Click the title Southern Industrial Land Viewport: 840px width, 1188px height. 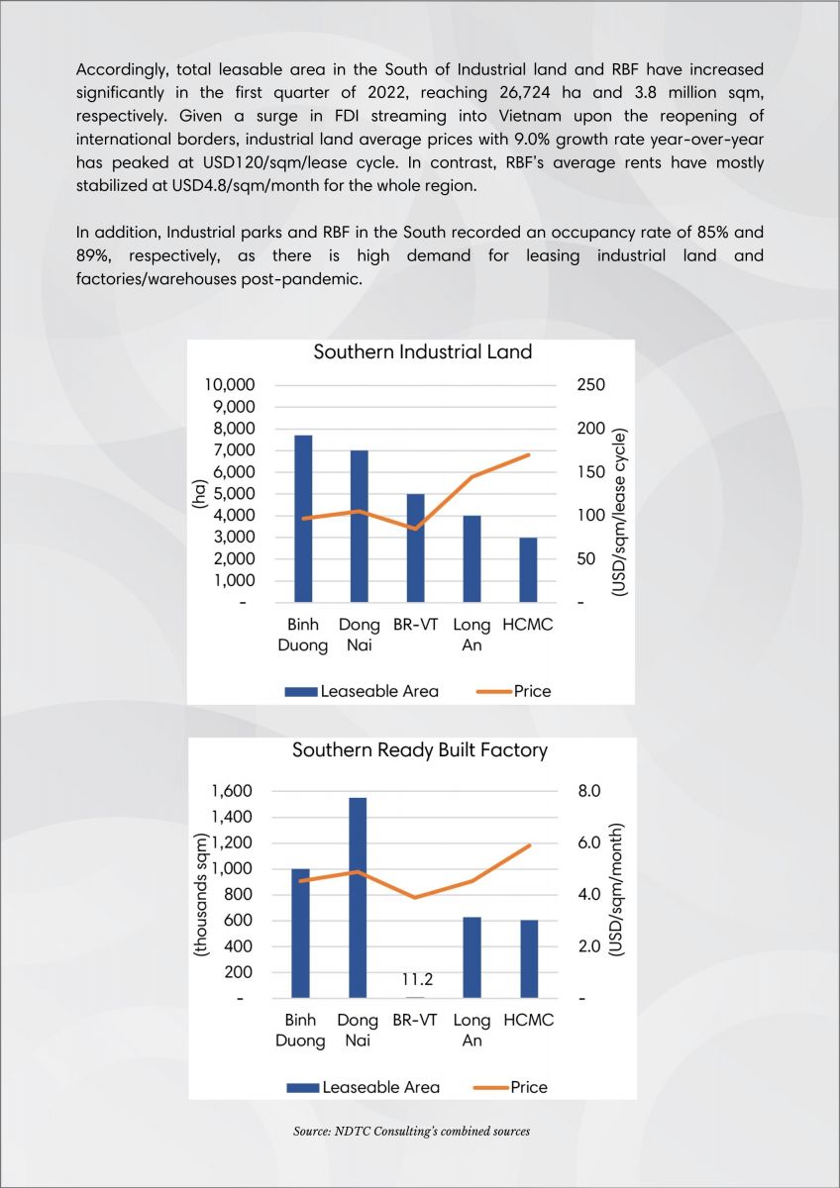coord(422,352)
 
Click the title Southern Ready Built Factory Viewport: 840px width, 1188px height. coord(420,750)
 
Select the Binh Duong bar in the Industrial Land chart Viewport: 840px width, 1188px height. coord(303,519)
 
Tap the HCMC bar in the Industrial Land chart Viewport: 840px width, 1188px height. coord(528,570)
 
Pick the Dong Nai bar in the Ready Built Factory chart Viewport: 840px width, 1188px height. coord(358,897)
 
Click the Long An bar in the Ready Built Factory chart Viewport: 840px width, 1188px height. coord(472,957)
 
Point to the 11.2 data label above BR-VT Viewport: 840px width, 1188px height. coord(417,979)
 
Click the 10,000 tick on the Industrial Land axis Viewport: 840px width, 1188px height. coord(230,385)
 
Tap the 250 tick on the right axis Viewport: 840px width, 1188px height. coord(590,384)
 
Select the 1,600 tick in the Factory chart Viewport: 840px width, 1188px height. coord(232,791)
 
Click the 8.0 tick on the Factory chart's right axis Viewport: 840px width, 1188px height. coord(589,791)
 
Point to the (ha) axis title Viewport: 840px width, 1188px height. coord(199,494)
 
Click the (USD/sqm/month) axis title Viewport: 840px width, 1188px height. coord(616,890)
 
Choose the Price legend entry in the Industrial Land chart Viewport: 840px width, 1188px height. coord(514,691)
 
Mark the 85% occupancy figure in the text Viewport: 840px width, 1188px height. coord(712,233)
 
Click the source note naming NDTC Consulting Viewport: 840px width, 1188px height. coord(411,1132)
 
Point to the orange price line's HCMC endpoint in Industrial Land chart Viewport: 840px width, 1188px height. coord(528,455)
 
